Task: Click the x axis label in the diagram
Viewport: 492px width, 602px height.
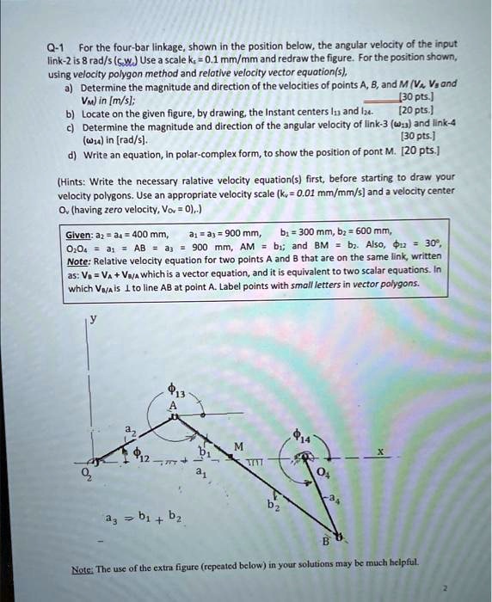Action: click(x=379, y=450)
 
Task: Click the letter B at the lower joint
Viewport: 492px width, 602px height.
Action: click(x=326, y=541)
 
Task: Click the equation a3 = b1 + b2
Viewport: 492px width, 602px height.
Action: click(x=143, y=516)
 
